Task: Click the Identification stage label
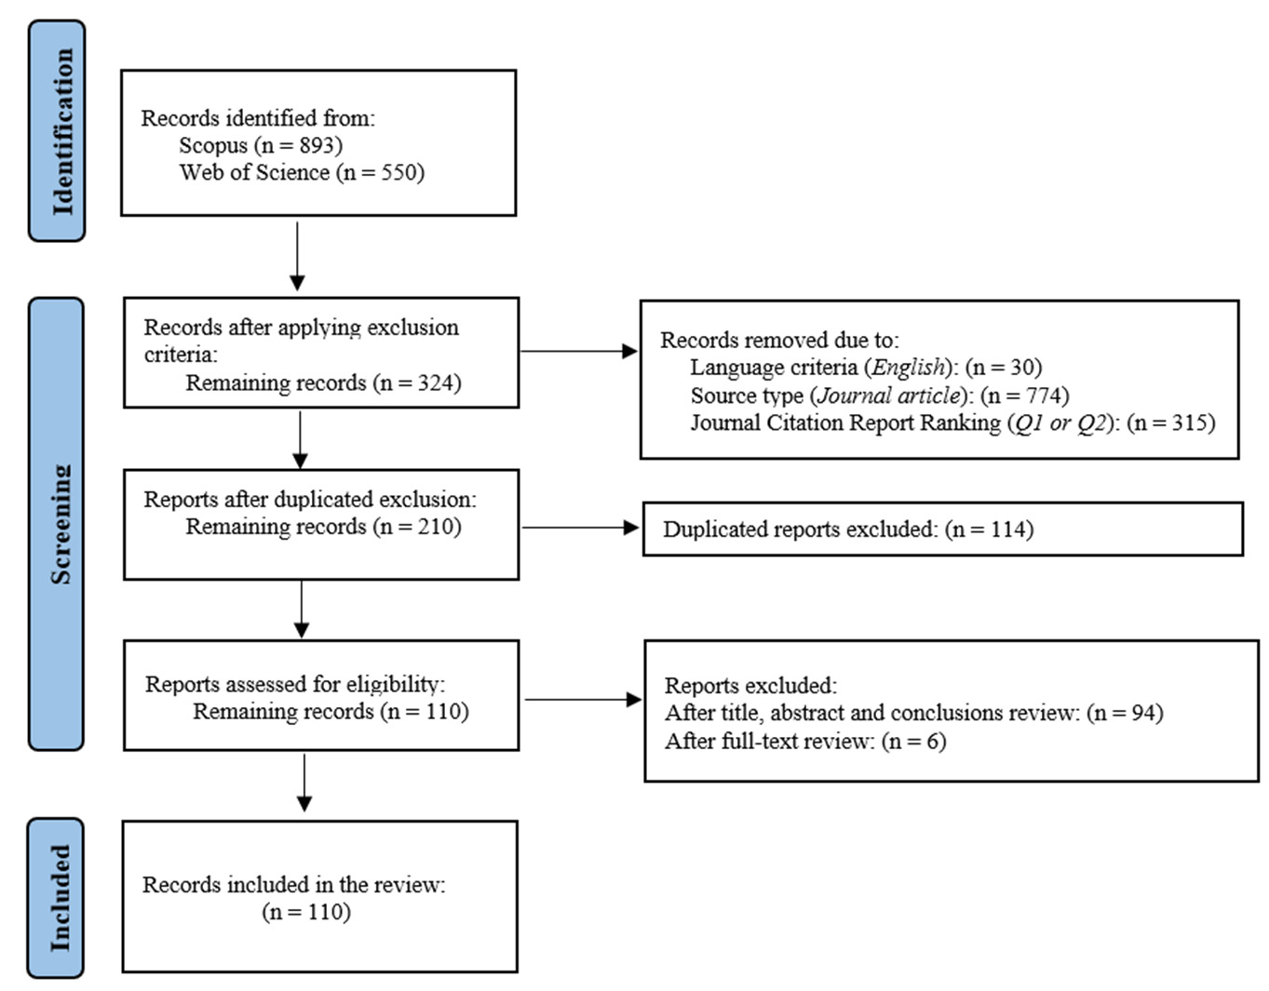pos(63,131)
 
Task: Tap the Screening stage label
pos(61,524)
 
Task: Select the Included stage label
pos(61,898)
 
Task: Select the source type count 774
pos(1045,395)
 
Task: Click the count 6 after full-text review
pos(933,742)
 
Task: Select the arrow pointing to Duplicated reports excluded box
pos(580,528)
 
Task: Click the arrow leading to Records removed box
pos(579,352)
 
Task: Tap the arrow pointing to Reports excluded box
pos(584,699)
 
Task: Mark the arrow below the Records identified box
pos(297,256)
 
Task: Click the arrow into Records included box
pos(304,783)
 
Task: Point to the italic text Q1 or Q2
pos(1060,423)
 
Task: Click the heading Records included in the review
pos(294,885)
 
